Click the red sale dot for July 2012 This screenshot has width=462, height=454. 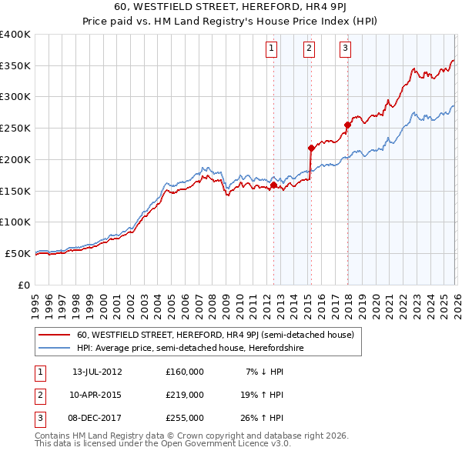[x=273, y=185]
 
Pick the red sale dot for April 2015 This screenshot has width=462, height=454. [x=311, y=148]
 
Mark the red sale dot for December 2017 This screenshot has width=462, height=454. [x=347, y=125]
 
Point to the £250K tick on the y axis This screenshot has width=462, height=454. [x=15, y=128]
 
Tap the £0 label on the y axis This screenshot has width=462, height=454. [x=25, y=285]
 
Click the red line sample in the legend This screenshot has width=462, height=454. [x=55, y=335]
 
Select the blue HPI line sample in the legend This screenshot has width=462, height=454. [x=55, y=349]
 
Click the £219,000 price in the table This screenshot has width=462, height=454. [x=185, y=395]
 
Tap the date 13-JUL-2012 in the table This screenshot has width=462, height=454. [x=97, y=372]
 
